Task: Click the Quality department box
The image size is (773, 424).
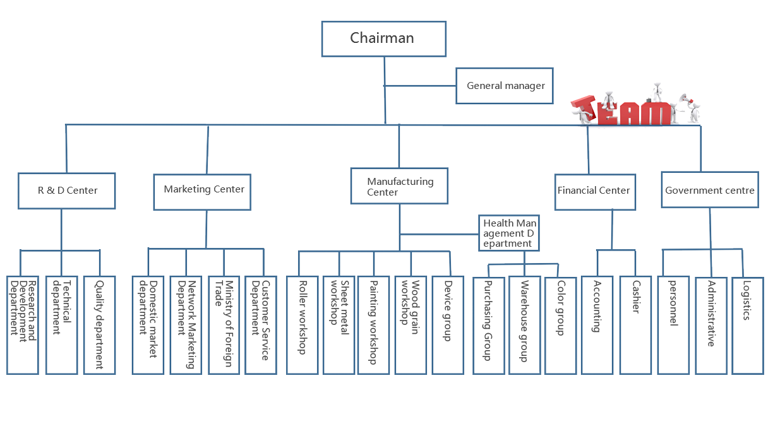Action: click(x=99, y=326)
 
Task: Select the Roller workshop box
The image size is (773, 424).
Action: click(x=302, y=326)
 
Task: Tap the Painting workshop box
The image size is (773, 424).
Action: click(x=373, y=326)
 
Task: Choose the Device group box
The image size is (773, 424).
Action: click(x=448, y=326)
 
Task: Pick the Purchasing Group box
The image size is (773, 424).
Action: click(x=488, y=326)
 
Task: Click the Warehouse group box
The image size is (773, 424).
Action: click(x=524, y=326)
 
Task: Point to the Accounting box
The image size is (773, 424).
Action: click(x=596, y=326)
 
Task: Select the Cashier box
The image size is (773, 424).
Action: click(x=635, y=326)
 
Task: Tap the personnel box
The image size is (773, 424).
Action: click(x=673, y=326)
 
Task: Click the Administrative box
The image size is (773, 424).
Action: click(x=711, y=326)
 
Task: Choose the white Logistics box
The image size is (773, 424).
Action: click(x=748, y=326)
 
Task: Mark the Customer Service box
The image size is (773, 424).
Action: click(x=261, y=326)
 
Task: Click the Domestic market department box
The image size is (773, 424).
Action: click(x=148, y=326)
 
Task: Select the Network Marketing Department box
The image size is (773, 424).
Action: click(x=186, y=326)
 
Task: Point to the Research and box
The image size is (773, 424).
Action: click(x=22, y=326)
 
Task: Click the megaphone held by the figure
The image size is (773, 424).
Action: click(x=683, y=100)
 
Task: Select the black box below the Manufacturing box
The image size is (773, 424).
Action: click(x=509, y=233)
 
